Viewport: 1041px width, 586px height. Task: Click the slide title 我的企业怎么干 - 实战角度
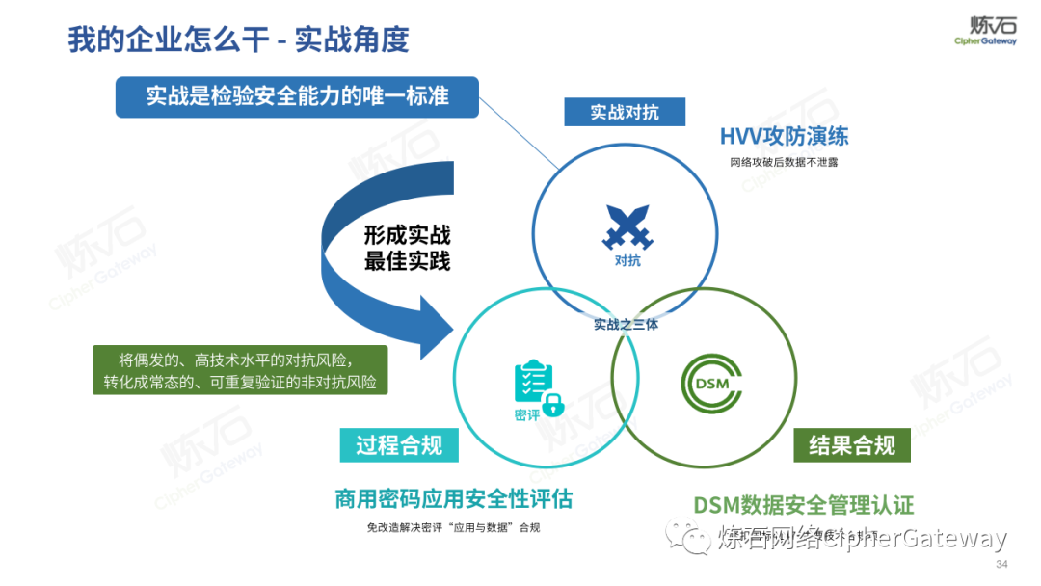238,39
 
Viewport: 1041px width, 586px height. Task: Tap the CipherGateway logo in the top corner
984,30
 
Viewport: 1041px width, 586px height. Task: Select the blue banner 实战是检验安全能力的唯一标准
297,96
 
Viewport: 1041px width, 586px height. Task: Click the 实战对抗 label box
625,112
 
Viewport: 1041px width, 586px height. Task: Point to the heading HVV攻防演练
784,135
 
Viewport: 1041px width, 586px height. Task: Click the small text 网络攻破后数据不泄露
784,162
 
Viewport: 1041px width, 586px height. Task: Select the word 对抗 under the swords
627,260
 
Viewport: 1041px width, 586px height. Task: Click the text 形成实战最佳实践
407,248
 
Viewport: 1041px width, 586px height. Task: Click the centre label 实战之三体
626,325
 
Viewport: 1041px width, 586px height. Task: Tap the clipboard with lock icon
537,387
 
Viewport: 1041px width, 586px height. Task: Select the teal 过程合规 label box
399,444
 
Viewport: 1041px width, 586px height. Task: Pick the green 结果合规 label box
852,445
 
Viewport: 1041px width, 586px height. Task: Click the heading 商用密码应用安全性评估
453,499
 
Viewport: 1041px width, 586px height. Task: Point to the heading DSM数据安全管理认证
804,505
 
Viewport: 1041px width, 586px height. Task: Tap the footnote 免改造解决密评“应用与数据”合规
453,527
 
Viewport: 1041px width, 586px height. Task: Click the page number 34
1001,564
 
